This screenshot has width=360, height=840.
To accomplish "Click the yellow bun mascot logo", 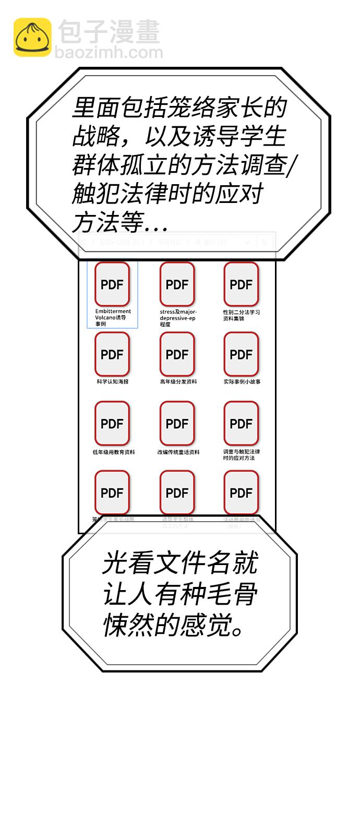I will click(x=32, y=37).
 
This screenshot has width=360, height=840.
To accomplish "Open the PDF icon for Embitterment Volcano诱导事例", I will click(x=112, y=284).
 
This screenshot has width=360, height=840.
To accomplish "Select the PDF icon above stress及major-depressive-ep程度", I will click(x=177, y=284).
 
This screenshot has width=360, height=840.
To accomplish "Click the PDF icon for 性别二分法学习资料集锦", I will click(x=241, y=284).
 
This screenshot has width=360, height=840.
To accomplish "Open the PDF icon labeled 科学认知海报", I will click(x=112, y=354).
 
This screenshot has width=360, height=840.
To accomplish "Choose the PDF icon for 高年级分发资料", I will click(x=177, y=354).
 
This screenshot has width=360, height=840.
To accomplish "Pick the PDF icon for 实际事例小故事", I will click(x=241, y=354).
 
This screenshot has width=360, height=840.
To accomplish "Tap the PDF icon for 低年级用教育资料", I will click(x=112, y=424).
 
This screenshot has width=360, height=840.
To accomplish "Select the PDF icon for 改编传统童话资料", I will click(x=177, y=424).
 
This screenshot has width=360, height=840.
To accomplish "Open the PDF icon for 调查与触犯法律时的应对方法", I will click(x=241, y=424).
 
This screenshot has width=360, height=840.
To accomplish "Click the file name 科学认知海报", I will click(x=112, y=382).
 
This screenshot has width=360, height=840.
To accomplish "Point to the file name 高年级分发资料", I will click(x=178, y=382).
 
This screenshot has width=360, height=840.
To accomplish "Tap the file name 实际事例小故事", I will click(x=242, y=382).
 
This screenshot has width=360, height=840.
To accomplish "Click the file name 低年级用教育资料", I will click(x=113, y=452).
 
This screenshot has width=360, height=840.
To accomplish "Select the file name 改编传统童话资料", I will click(x=178, y=452).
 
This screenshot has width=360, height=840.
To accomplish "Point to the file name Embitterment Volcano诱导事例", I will click(x=112, y=317).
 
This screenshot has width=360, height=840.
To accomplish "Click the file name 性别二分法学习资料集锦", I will click(x=241, y=315).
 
